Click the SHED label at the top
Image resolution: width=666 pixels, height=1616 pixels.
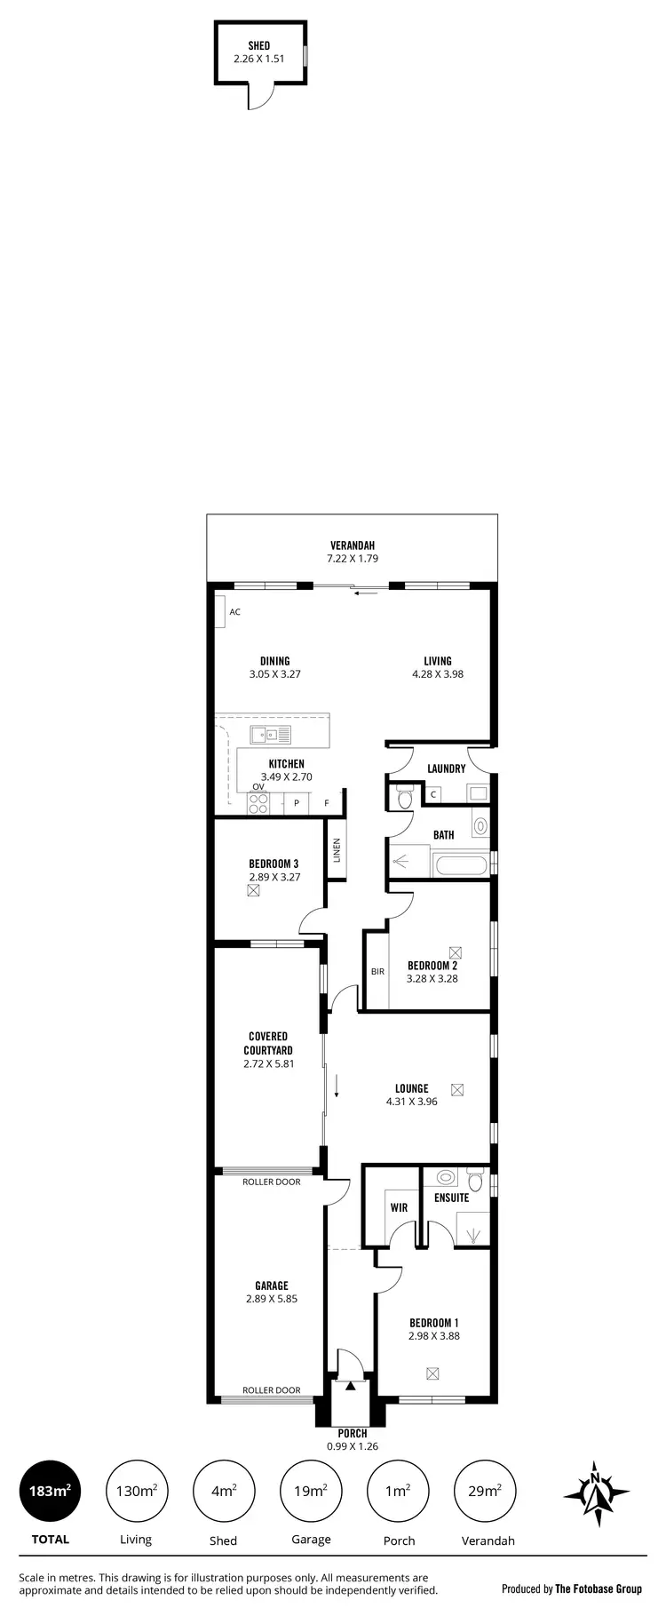[x=258, y=46]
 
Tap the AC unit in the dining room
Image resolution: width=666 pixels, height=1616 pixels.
[x=219, y=612]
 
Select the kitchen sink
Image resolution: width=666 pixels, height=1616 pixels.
[x=271, y=735]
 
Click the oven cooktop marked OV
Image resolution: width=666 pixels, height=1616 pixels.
[x=258, y=803]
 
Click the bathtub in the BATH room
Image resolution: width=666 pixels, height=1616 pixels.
[x=459, y=865]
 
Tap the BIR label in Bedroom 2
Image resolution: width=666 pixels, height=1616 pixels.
[x=377, y=971]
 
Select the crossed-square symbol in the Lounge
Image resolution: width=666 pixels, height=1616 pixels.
[x=457, y=1089]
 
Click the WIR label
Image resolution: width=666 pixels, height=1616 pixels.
[x=399, y=1207]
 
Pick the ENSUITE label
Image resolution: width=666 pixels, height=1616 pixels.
[x=451, y=1198]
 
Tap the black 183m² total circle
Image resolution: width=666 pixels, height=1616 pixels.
[x=51, y=1491]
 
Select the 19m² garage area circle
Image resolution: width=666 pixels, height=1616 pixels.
[x=311, y=1491]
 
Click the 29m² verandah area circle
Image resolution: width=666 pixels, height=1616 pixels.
[x=485, y=1491]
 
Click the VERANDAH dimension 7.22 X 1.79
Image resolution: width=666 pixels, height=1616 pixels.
[x=353, y=559]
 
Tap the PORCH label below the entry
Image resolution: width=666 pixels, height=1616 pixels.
[x=353, y=1433]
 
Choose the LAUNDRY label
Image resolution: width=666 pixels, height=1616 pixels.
[x=446, y=768]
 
